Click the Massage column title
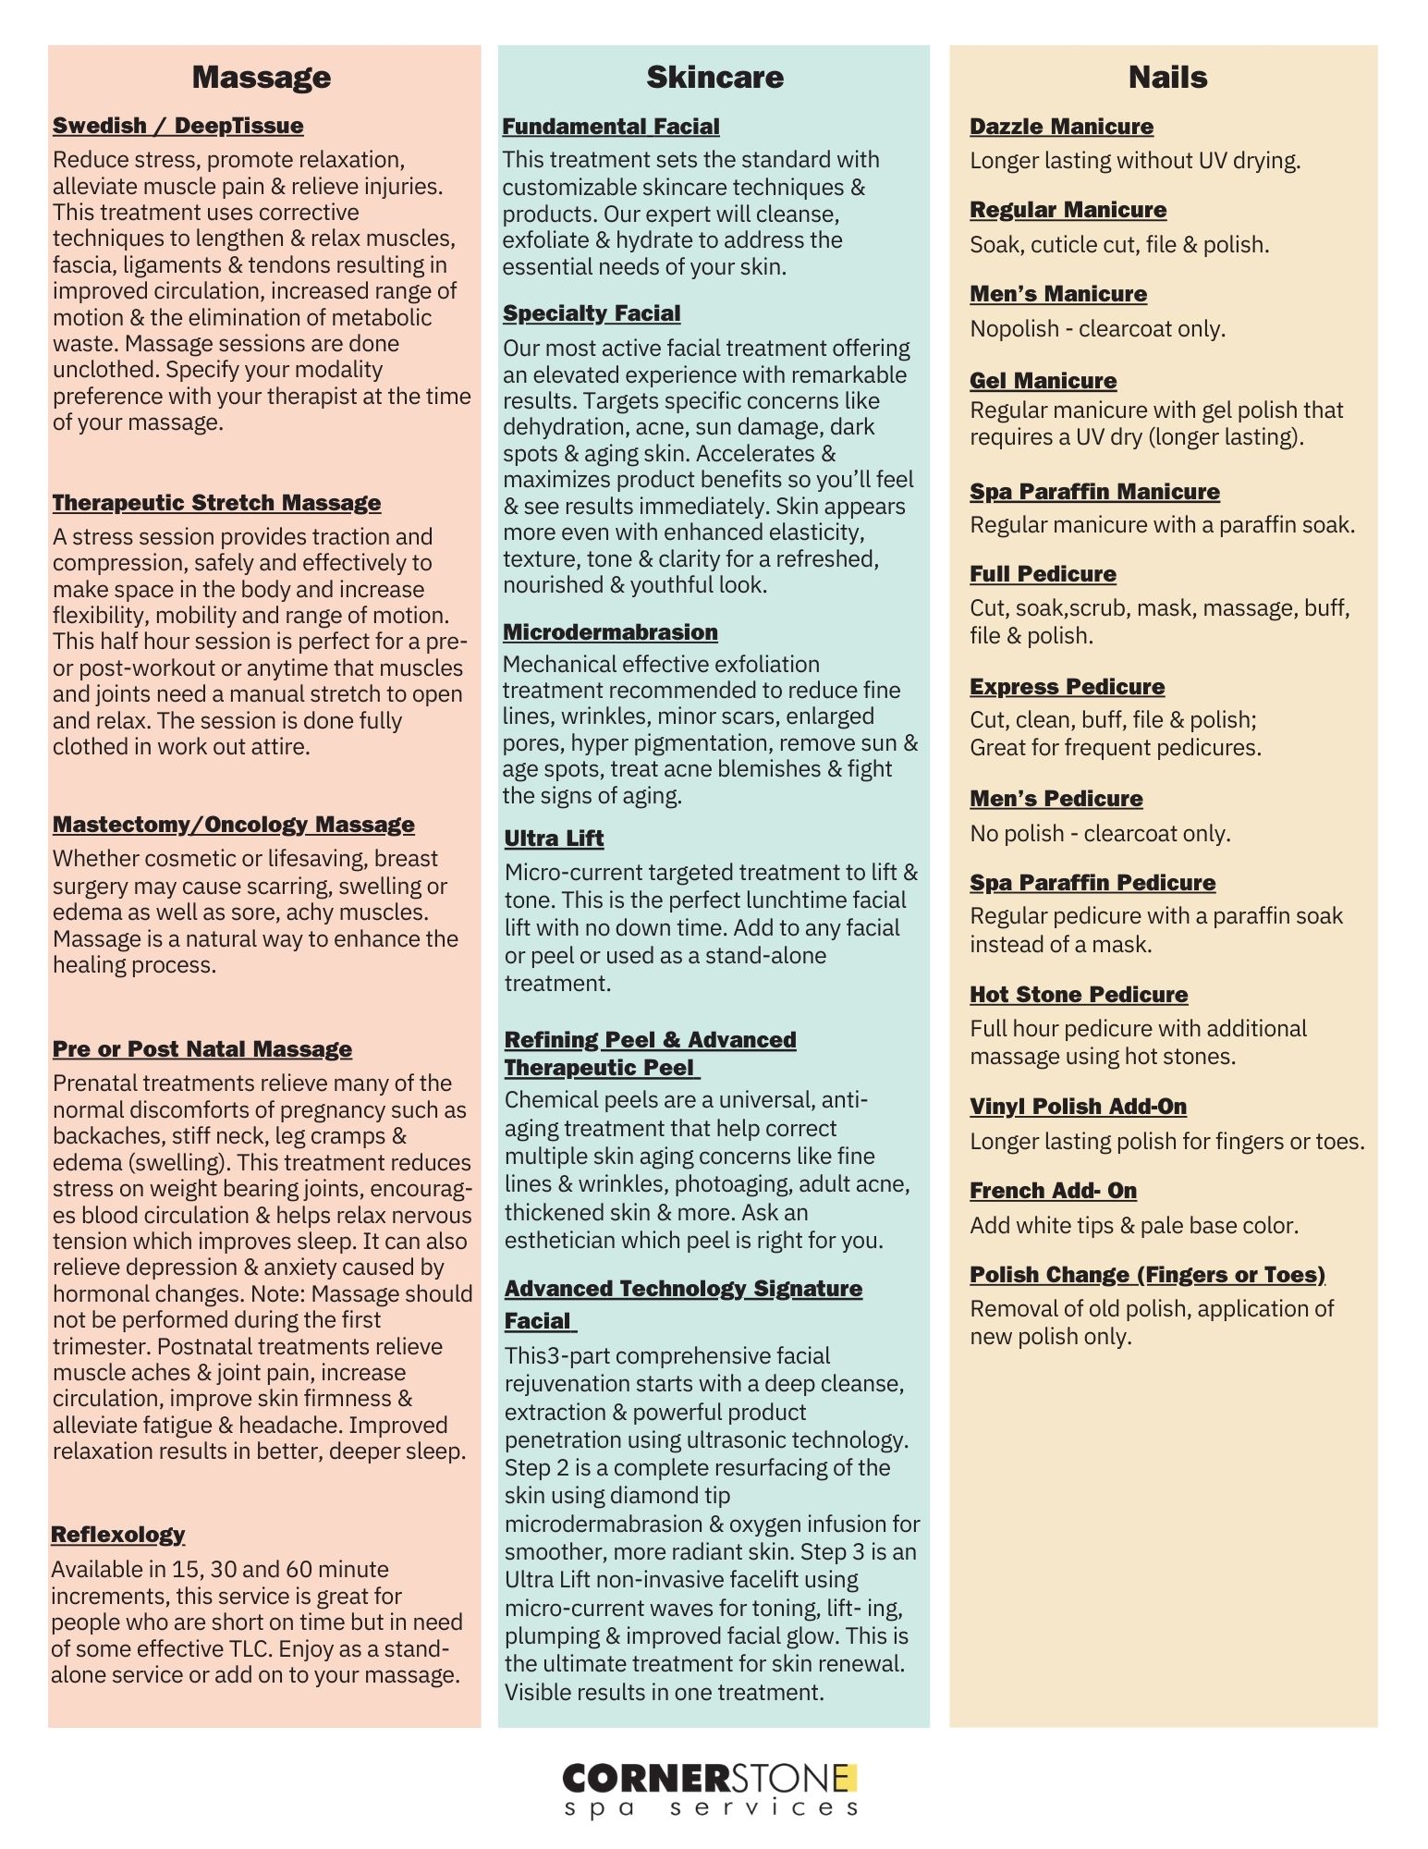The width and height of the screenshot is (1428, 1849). click(x=261, y=77)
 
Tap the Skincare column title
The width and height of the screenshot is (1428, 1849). click(x=714, y=77)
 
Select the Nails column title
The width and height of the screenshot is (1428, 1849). click(x=1167, y=77)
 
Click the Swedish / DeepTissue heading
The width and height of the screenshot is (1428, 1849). click(x=177, y=126)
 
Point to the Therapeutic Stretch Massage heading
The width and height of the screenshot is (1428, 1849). click(x=216, y=503)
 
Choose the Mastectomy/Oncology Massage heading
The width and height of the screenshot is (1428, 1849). click(x=233, y=825)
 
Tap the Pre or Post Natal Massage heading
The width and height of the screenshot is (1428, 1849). click(x=201, y=1049)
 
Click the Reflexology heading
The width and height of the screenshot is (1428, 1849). click(x=117, y=1535)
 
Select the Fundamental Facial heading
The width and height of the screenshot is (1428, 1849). click(x=610, y=127)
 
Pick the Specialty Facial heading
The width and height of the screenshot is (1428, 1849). click(x=592, y=313)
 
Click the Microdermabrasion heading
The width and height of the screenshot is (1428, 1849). click(x=610, y=632)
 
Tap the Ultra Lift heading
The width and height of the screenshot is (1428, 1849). click(x=554, y=839)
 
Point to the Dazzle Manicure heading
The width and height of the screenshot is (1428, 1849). click(x=1061, y=127)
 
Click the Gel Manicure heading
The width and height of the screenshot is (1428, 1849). click(x=1043, y=381)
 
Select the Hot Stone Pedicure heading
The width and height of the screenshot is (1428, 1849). click(x=1079, y=995)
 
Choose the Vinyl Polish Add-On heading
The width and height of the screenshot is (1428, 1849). click(x=1078, y=1107)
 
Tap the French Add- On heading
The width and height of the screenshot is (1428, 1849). click(x=1053, y=1191)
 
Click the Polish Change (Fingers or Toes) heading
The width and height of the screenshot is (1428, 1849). click(x=1147, y=1275)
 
